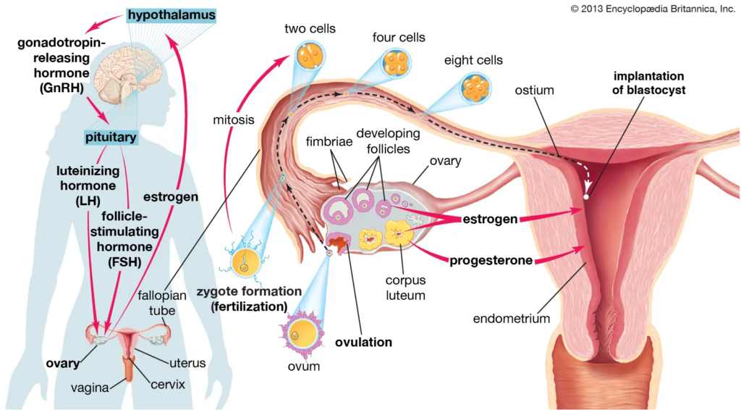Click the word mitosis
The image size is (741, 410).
click(234, 119)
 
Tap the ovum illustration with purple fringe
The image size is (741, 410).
click(299, 336)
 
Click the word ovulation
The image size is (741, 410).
click(363, 342)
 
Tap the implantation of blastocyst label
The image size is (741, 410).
click(649, 83)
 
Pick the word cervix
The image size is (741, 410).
click(168, 384)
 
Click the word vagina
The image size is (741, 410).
click(90, 388)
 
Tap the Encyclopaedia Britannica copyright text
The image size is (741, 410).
click(653, 8)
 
